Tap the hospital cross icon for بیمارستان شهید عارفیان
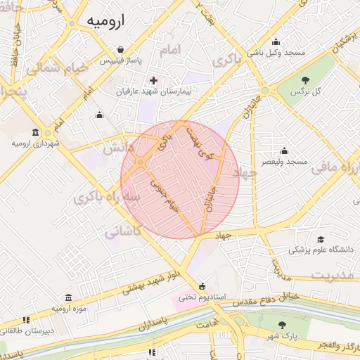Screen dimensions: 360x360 pos(153,81)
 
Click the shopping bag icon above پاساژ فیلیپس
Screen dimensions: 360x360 pos(124,51)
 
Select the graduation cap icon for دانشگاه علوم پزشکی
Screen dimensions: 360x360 pos(321,239)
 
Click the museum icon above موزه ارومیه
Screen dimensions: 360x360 pos(69,298)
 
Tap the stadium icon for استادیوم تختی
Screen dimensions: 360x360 pos(202,286)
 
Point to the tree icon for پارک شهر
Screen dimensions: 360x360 pos(282,325)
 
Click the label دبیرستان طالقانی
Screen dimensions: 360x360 pos(29,330)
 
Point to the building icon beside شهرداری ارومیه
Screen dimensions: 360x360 pos(36,132)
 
